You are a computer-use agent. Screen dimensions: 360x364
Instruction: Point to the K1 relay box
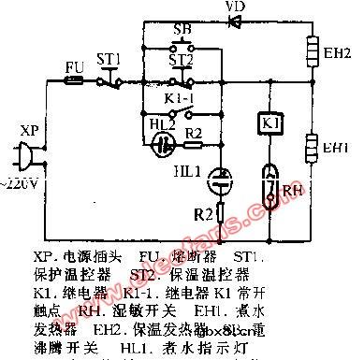266,122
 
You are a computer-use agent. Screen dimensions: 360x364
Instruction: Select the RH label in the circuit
298,187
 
